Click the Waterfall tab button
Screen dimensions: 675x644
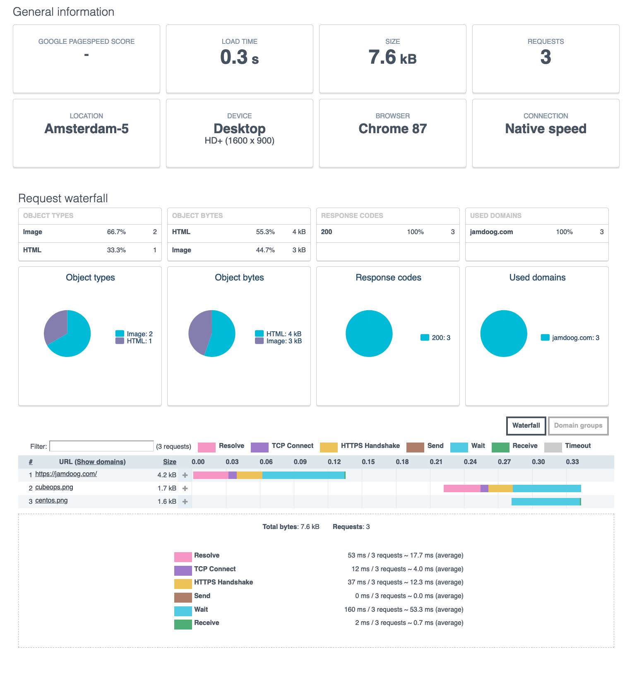pyautogui.click(x=526, y=426)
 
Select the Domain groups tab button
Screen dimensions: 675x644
pyautogui.click(x=578, y=426)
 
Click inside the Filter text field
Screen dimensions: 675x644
pyautogui.click(x=101, y=446)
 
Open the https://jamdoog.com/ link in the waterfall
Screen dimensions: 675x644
pyautogui.click(x=66, y=474)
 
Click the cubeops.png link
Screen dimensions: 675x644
pyautogui.click(x=54, y=487)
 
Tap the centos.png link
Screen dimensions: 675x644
pyautogui.click(x=51, y=500)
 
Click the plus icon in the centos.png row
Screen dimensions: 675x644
pyautogui.click(x=185, y=502)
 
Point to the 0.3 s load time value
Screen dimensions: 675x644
pyautogui.click(x=239, y=57)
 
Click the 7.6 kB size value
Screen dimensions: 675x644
pyautogui.click(x=392, y=57)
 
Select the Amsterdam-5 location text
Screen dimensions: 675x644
pyautogui.click(x=87, y=129)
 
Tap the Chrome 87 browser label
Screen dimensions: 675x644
pyautogui.click(x=392, y=129)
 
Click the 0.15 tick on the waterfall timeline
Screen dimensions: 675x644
pyautogui.click(x=368, y=462)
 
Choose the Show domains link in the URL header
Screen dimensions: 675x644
pyautogui.click(x=101, y=462)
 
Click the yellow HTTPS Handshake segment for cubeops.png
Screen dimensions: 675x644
pyautogui.click(x=500, y=488)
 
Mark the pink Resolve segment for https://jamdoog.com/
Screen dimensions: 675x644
pyautogui.click(x=211, y=475)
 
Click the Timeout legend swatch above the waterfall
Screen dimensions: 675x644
pyautogui.click(x=553, y=447)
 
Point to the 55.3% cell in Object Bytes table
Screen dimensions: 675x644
pyautogui.click(x=265, y=232)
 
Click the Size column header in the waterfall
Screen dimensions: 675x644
pyautogui.click(x=169, y=462)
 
